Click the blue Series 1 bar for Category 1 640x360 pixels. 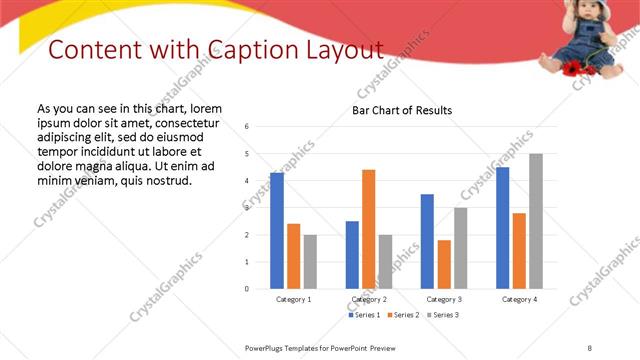click(x=277, y=231)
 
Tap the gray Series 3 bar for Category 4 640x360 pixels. click(x=536, y=221)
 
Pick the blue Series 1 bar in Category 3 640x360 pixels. click(x=427, y=241)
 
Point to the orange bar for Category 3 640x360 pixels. click(x=444, y=264)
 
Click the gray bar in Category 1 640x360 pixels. click(x=310, y=261)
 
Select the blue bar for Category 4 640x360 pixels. click(x=502, y=228)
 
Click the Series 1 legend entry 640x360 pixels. click(x=364, y=315)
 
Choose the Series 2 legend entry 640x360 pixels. click(x=402, y=315)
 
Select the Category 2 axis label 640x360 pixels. click(x=368, y=299)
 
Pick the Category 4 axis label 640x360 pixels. click(x=519, y=299)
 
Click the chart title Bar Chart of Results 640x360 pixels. click(x=402, y=110)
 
